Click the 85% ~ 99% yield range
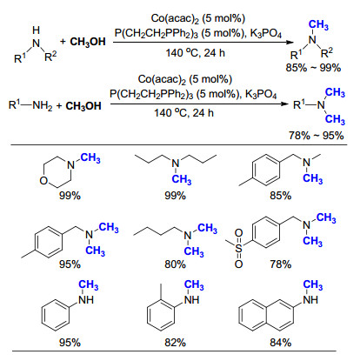(x=313, y=68)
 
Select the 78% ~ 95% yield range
(x=316, y=136)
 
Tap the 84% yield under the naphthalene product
(x=280, y=343)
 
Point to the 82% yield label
(x=175, y=343)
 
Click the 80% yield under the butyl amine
(x=175, y=264)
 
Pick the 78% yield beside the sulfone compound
(x=280, y=264)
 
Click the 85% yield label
(x=280, y=196)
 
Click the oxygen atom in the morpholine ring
(x=43, y=181)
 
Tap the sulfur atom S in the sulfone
(x=238, y=248)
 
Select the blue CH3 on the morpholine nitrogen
(x=90, y=158)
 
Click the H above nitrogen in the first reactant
(x=36, y=30)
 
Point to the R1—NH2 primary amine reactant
(x=30, y=105)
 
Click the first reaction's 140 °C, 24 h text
(x=196, y=53)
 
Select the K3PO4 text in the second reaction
(x=261, y=95)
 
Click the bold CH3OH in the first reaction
(x=88, y=42)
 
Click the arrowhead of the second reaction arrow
(x=286, y=104)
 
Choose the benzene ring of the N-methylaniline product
(x=56, y=316)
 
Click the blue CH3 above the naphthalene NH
(x=313, y=285)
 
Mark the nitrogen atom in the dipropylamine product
(x=176, y=164)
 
